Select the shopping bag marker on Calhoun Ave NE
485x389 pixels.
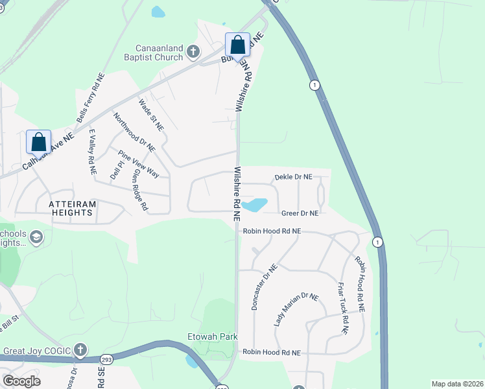38,142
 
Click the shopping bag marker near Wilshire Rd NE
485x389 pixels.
237,45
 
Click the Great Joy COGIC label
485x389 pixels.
36,351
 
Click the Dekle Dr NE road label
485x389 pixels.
293,176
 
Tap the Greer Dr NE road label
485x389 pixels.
300,213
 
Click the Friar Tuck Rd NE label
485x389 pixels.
343,308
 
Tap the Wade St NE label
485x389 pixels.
150,113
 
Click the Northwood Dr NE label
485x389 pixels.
134,132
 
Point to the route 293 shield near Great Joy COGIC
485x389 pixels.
106,359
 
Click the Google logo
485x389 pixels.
21,381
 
